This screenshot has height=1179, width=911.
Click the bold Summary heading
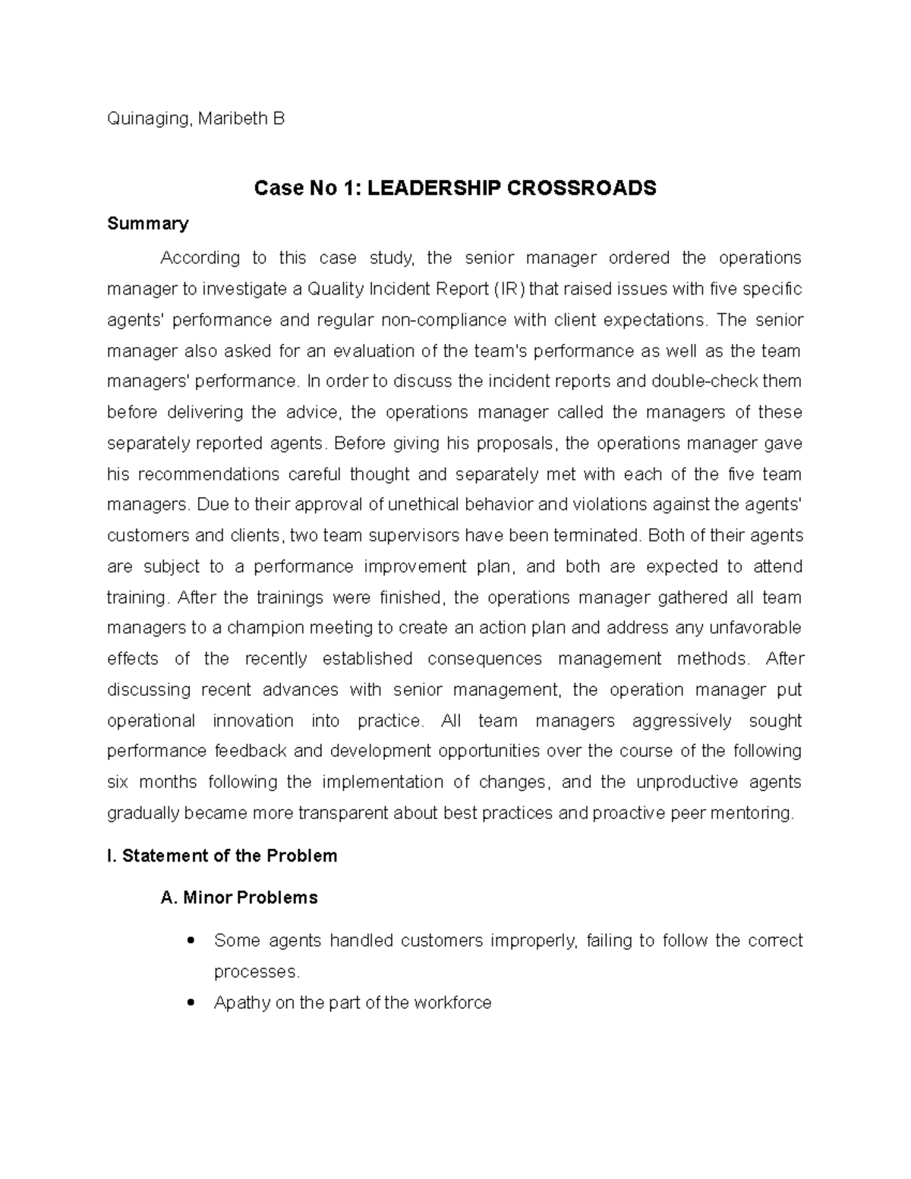pyautogui.click(x=147, y=223)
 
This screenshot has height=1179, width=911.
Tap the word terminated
pyautogui.click(x=597, y=536)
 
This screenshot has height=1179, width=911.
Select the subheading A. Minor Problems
pyautogui.click(x=239, y=898)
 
